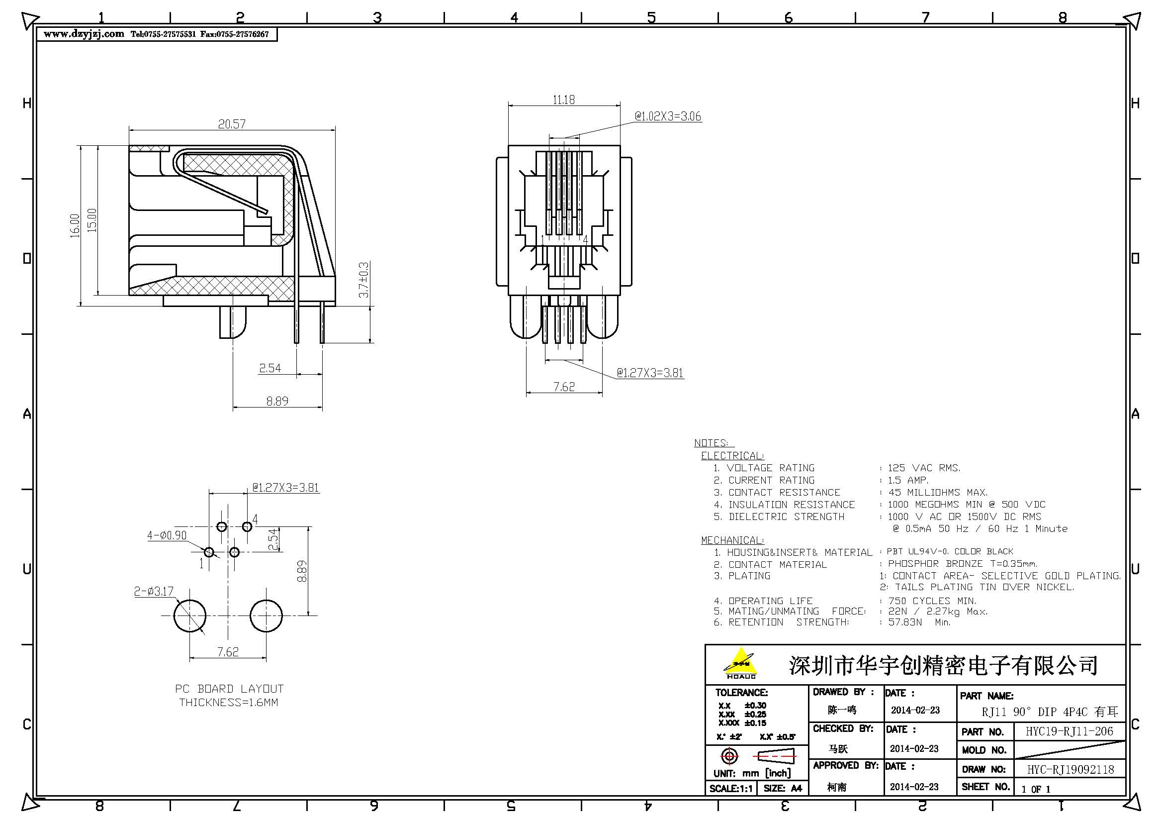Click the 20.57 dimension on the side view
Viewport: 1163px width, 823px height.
(232, 124)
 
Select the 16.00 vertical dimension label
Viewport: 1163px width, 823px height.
(75, 225)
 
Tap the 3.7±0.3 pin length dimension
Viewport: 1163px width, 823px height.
(363, 280)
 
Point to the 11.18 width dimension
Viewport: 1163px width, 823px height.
(563, 100)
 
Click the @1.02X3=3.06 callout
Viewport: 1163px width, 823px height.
(668, 116)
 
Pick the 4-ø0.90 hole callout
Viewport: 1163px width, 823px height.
(167, 536)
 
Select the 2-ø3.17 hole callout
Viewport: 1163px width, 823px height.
(154, 592)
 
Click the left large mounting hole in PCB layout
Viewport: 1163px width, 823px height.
(189, 616)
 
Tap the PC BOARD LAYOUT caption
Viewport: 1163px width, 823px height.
(229, 689)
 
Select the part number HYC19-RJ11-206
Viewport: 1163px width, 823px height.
(1070, 731)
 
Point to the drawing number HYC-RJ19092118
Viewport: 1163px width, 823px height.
(1071, 770)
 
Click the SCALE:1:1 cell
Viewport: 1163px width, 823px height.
(730, 789)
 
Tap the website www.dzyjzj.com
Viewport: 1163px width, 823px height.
(84, 34)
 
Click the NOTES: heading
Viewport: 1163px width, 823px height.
(711, 443)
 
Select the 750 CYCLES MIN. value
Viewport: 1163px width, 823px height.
(932, 601)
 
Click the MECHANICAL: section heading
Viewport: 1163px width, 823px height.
(732, 540)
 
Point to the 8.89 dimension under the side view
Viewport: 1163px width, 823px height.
(277, 402)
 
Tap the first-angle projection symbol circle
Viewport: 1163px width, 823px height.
(729, 757)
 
